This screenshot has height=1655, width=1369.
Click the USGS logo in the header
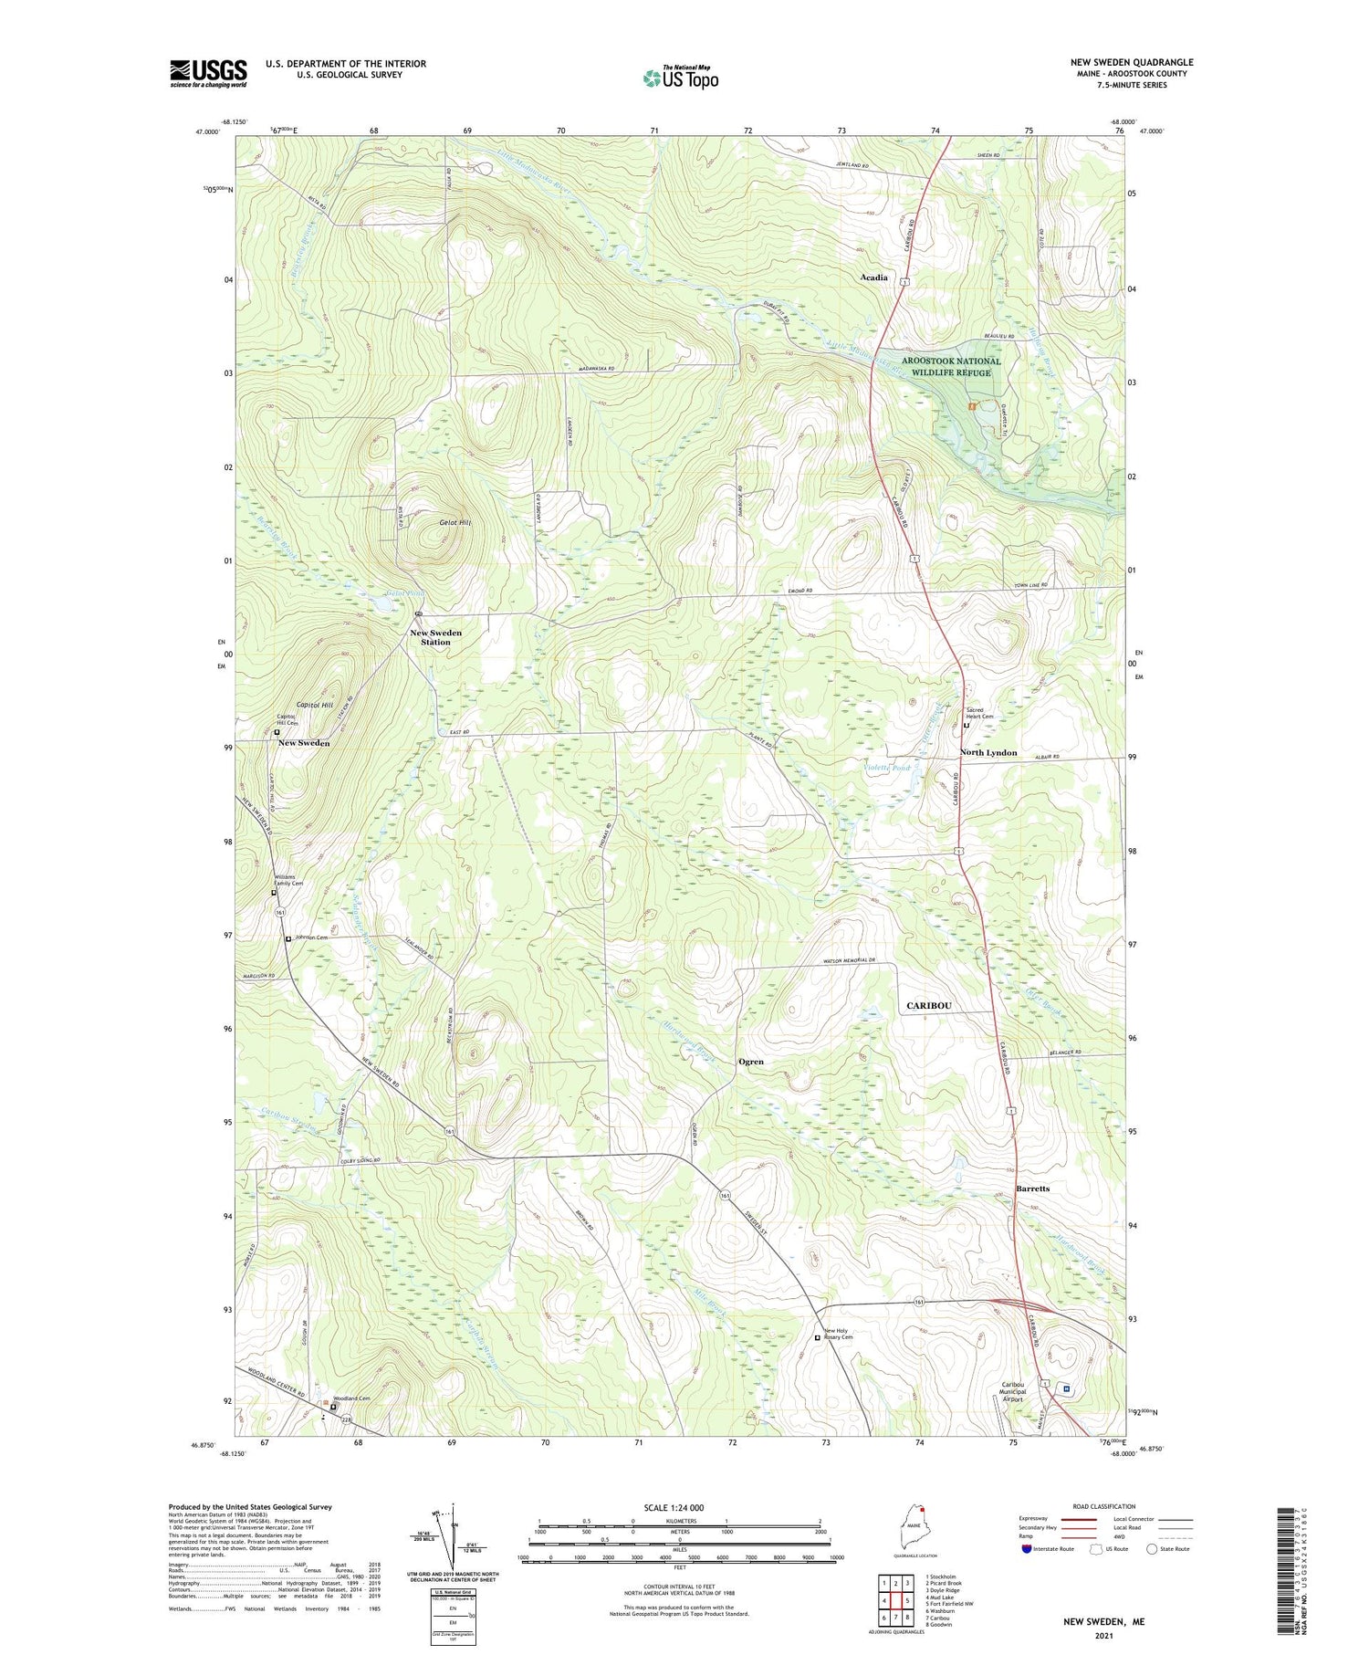[x=208, y=73]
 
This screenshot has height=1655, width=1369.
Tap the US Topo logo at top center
[x=680, y=79]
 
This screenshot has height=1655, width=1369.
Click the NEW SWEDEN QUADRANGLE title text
[x=1132, y=62]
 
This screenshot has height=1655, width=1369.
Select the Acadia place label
[x=873, y=277]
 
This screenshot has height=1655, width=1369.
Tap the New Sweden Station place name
[x=435, y=637]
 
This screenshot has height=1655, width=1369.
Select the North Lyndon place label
[x=988, y=752]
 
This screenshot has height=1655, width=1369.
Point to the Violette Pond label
[x=887, y=768]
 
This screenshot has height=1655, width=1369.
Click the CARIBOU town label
[x=929, y=1005]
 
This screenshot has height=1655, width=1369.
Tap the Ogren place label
[x=750, y=1062]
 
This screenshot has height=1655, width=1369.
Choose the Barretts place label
[x=1032, y=1189]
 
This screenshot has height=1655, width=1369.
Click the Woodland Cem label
[x=351, y=1398]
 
